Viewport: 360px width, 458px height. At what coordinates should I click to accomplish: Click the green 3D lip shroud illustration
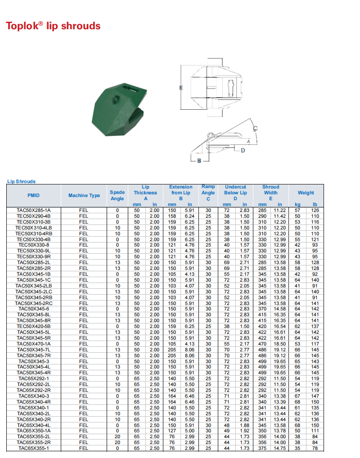(119, 109)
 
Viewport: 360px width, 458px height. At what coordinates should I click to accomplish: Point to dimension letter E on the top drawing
(181, 88)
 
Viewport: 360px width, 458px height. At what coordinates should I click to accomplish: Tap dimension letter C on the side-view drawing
(255, 128)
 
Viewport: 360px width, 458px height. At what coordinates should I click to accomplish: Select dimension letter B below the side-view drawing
(199, 161)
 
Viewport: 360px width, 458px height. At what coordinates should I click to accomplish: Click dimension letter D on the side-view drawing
(243, 150)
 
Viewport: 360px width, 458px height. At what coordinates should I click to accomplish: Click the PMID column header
(34, 195)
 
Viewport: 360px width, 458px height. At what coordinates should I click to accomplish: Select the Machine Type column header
(84, 195)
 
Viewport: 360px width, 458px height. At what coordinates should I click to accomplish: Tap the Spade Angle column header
(117, 195)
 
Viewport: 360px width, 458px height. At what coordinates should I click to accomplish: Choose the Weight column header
(306, 193)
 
